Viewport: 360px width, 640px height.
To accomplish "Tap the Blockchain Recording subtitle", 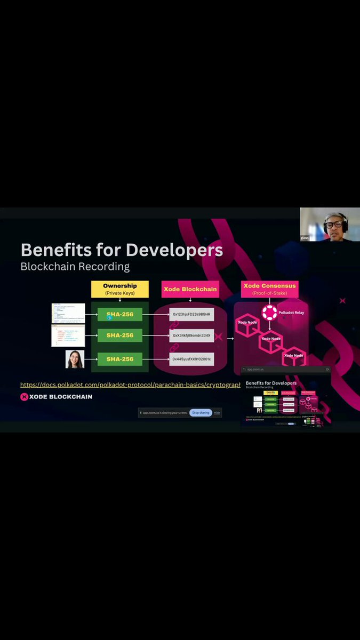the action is click(75, 266).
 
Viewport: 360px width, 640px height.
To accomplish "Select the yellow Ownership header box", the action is click(119, 289).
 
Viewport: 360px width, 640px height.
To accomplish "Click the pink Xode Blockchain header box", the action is click(190, 289).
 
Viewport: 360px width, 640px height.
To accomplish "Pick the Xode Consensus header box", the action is click(269, 289).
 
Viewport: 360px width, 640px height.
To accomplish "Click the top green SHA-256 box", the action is click(120, 315).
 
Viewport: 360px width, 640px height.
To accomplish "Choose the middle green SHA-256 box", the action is click(120, 335).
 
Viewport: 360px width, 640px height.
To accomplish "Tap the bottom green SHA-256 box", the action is click(120, 359).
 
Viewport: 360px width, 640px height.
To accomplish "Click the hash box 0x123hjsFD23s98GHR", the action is click(191, 315).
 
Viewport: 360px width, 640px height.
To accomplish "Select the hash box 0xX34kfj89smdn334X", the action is click(191, 335).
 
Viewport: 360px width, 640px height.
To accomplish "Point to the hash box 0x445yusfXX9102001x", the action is click(191, 359).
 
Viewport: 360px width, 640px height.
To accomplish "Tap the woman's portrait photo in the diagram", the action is click(75, 359).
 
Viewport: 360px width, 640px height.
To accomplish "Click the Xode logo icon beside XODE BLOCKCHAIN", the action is click(24, 397).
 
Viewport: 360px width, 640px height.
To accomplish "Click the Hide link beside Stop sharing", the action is click(217, 413).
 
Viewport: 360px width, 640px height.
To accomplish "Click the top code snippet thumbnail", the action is click(68, 313).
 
